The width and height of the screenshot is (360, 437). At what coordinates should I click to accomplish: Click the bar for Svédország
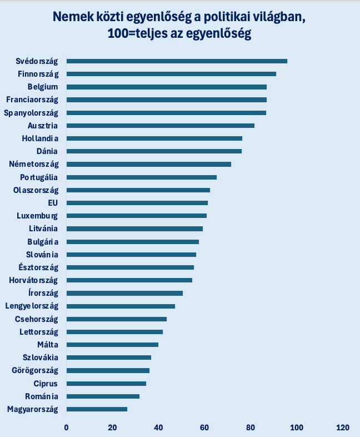[177, 61]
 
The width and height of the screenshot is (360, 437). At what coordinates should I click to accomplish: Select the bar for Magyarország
[97, 409]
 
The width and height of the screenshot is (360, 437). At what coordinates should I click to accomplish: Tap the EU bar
[137, 203]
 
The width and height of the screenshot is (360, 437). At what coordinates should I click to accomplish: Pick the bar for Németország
[148, 164]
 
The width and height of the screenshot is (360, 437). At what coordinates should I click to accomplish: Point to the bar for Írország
[124, 293]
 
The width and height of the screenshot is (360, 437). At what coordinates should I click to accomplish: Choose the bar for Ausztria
[160, 126]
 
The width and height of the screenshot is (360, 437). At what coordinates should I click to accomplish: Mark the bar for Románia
[103, 396]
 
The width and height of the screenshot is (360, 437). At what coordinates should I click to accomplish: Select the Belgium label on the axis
[43, 87]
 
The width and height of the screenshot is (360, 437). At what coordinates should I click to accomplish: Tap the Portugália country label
[39, 177]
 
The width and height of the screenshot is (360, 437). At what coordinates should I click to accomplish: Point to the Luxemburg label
[37, 216]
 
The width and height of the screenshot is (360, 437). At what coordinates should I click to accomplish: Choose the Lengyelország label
[32, 306]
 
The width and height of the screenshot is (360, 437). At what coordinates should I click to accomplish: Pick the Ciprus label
[46, 384]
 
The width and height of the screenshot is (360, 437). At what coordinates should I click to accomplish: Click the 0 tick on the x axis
[66, 428]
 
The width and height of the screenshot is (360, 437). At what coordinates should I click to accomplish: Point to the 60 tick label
[204, 428]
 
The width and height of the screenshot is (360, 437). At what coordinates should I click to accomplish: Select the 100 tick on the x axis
[297, 428]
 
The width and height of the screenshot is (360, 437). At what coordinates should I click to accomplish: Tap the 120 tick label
[343, 428]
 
